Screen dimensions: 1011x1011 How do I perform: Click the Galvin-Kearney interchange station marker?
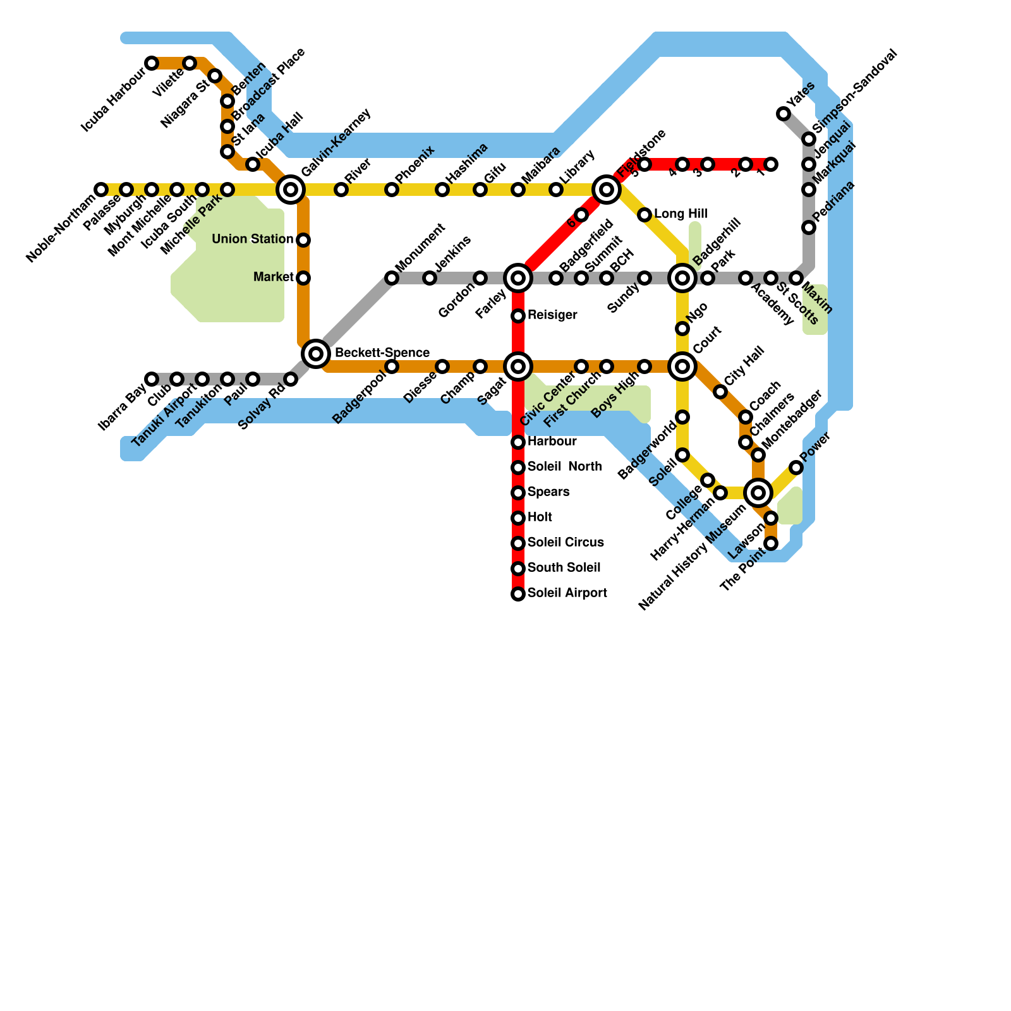coord(291,189)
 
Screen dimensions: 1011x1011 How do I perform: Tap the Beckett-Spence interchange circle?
coord(316,353)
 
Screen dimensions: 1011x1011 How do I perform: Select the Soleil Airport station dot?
coord(518,594)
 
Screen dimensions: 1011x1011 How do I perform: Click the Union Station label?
coord(252,239)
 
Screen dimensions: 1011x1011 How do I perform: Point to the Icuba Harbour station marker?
coord(152,63)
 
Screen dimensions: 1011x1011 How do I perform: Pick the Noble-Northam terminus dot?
coord(101,190)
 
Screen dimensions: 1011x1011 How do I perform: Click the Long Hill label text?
coord(681,214)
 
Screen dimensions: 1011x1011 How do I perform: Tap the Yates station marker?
coord(784,114)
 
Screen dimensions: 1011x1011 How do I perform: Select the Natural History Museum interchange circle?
coord(758,492)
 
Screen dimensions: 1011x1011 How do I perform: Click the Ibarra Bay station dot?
coord(152,379)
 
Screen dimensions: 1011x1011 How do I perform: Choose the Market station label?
coord(273,277)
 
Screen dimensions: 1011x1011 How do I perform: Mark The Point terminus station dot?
coord(771,543)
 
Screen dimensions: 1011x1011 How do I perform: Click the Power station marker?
coord(796,468)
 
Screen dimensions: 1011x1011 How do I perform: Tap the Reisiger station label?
coord(552,315)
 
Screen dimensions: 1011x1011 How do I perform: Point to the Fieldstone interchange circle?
coord(607,189)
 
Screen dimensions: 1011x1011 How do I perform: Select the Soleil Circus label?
coord(566,543)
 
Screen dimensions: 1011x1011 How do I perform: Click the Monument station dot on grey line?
coord(392,278)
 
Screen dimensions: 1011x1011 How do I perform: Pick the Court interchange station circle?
coord(682,366)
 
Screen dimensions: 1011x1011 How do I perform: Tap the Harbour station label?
coord(552,442)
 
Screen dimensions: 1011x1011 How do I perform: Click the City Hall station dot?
coord(720,392)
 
